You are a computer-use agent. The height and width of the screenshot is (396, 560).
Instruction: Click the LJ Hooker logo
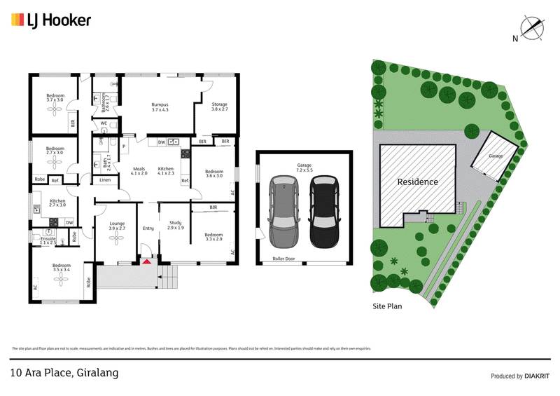51,20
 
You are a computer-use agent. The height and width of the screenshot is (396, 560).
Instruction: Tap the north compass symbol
533,29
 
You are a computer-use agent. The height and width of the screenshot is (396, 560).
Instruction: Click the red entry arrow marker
147,262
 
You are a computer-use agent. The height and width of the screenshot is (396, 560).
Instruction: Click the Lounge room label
116,226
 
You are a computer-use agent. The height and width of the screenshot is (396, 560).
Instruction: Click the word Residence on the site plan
418,182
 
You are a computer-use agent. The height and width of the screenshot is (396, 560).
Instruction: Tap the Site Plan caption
387,306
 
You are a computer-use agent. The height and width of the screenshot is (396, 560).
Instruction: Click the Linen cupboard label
104,180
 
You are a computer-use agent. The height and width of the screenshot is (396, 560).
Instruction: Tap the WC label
103,123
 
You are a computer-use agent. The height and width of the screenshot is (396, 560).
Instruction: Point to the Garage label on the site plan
496,156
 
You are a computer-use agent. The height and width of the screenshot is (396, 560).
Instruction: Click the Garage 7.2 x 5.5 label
304,168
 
